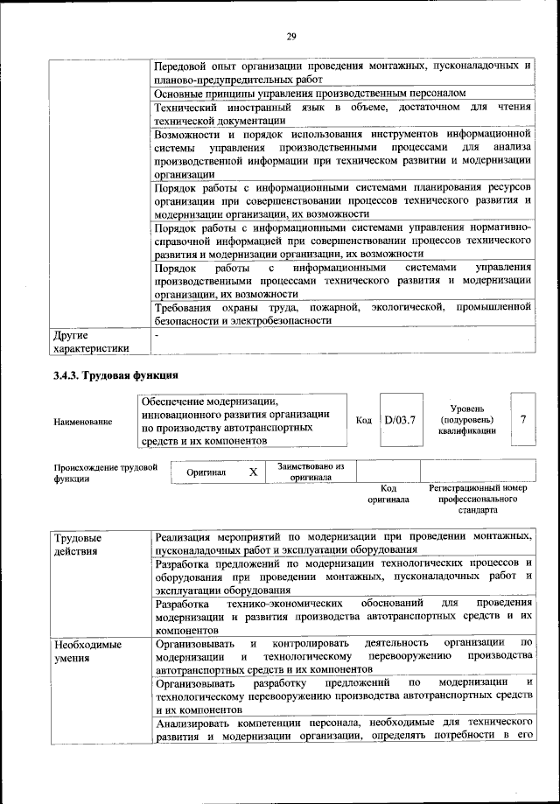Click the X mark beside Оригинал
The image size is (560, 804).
coord(253,472)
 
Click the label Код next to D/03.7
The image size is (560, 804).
coord(364,420)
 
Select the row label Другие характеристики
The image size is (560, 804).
coord(91,341)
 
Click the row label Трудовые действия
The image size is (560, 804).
coord(77,543)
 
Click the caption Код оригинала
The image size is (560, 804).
coord(388,493)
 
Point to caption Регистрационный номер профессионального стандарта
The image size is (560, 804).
coord(477,498)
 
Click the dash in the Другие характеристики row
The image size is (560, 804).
coord(156,334)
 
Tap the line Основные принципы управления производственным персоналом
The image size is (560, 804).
coord(310,92)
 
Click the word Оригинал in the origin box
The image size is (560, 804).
coord(206,472)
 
